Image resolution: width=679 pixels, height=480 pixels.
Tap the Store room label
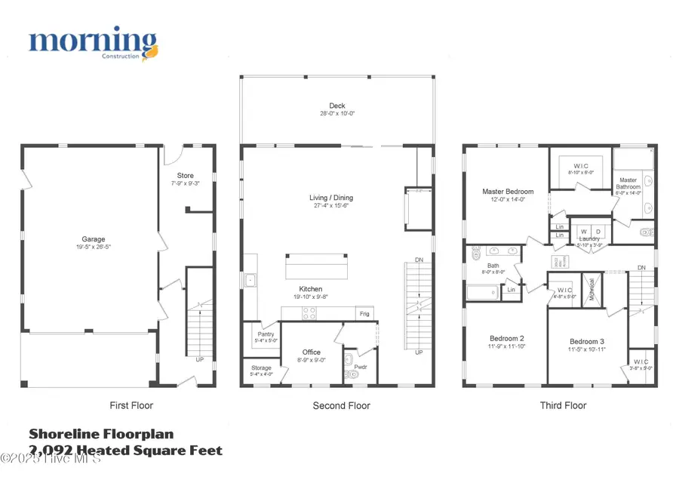[186, 176]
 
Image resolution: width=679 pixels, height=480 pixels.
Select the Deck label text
[336, 106]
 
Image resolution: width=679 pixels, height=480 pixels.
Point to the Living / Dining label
[331, 198]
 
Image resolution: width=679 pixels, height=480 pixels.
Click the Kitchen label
[310, 289]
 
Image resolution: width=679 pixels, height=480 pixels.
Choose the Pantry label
[266, 334]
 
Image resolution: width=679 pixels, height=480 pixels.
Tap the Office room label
[312, 352]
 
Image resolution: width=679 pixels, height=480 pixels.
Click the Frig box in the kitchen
[364, 313]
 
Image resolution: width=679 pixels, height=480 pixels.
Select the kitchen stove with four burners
[309, 313]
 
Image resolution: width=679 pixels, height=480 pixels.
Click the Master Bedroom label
[508, 192]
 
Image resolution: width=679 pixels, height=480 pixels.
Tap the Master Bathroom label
[628, 183]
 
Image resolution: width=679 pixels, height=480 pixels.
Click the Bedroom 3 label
[588, 341]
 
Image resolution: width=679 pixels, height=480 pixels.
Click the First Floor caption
[131, 405]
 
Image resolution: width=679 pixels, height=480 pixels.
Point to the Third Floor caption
[563, 405]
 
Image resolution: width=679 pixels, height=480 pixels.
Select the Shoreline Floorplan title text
[101, 434]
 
